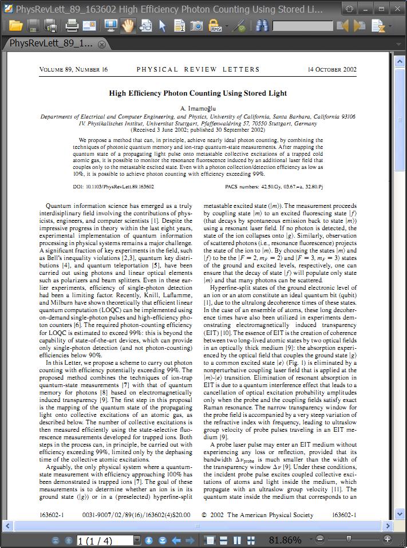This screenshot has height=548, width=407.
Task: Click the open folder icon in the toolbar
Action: (15, 26)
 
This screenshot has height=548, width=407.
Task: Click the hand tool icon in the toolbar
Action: (127, 26)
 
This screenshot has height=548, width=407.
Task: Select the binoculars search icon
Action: (262, 26)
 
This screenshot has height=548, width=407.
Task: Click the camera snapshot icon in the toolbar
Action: (196, 26)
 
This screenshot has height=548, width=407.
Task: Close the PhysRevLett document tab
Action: (101, 44)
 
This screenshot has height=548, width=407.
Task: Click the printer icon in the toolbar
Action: (72, 26)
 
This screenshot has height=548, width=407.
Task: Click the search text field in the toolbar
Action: (302, 26)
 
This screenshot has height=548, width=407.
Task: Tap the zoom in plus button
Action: (388, 539)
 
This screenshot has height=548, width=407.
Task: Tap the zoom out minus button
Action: (320, 539)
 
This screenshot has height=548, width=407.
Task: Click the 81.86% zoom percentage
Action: (284, 540)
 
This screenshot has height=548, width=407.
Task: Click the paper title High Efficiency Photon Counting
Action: (197, 93)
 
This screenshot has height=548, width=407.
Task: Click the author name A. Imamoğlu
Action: (198, 108)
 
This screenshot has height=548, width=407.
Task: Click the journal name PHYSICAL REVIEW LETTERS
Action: (198, 69)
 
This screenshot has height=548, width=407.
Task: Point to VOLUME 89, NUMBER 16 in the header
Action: (73, 69)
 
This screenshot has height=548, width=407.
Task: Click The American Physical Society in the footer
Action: (270, 515)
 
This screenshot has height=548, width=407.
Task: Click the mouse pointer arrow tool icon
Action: (163, 26)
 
